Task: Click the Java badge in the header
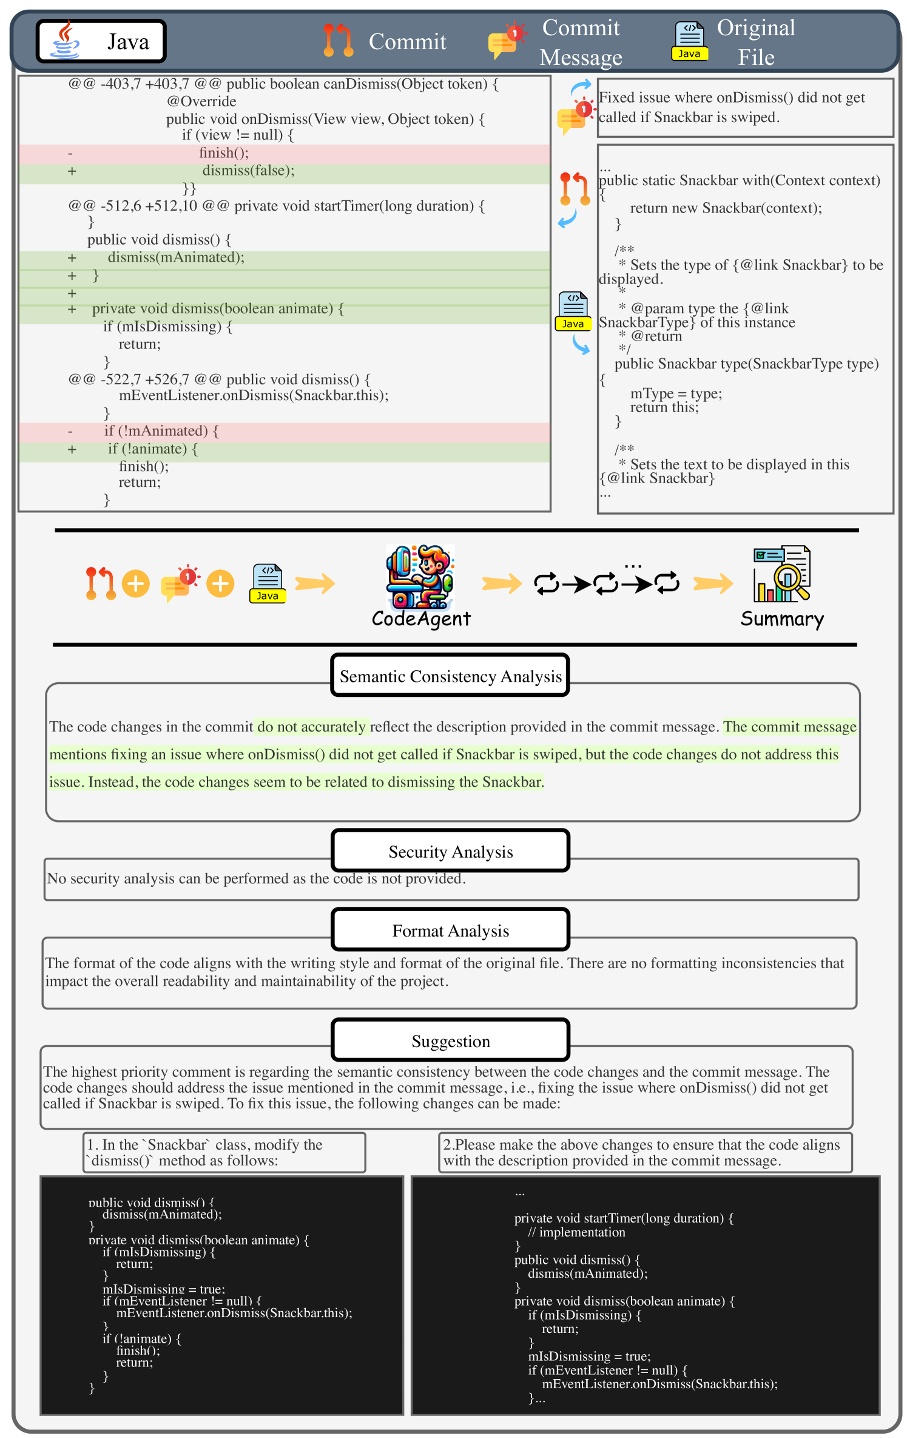[x=101, y=41]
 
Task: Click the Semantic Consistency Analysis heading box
[x=450, y=676]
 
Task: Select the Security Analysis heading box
[x=450, y=851]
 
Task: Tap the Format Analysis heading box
[x=450, y=930]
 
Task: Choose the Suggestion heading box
[x=450, y=1040]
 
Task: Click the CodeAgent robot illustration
[x=420, y=577]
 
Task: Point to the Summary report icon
[x=781, y=574]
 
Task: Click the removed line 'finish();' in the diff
[x=224, y=153]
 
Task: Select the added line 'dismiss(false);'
[x=248, y=171]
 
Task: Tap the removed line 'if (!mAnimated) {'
[x=161, y=431]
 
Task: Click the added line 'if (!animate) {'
[x=153, y=449]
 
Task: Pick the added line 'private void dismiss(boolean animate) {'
[x=218, y=309]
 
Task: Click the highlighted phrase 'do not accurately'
[x=311, y=727]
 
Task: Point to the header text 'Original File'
[x=756, y=42]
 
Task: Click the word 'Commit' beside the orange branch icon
[x=407, y=41]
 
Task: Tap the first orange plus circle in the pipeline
[x=136, y=584]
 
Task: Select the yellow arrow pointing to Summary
[x=713, y=584]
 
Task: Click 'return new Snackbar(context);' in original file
[x=726, y=208]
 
